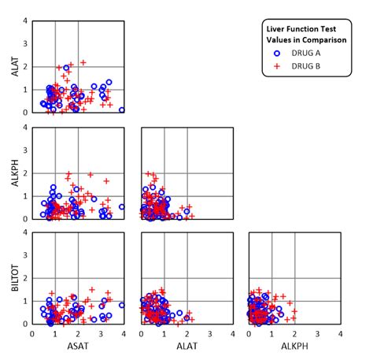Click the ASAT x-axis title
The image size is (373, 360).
point(77,347)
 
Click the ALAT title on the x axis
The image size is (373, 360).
point(186,347)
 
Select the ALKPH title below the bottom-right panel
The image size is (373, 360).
point(294,347)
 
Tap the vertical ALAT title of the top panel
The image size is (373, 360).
point(13,66)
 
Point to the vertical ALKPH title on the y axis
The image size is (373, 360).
point(13,173)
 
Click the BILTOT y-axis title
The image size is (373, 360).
point(13,278)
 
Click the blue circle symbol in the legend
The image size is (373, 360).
point(277,53)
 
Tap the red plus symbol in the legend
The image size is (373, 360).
point(277,65)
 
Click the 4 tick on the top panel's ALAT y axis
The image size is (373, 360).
point(26,20)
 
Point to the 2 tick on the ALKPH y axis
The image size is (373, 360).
point(26,173)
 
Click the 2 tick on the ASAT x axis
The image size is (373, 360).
point(77,333)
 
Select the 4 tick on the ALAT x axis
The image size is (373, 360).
point(232,333)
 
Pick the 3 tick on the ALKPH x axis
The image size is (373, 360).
point(317,333)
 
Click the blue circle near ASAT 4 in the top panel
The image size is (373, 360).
point(122,110)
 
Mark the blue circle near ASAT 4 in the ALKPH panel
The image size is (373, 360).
point(122,207)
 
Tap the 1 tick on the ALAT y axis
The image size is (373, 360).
point(26,89)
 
